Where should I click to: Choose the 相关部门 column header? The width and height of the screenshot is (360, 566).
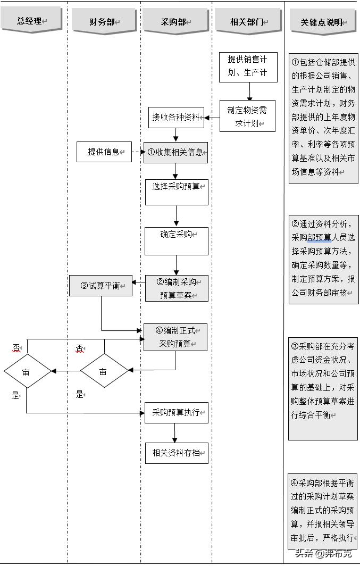pyautogui.click(x=248, y=22)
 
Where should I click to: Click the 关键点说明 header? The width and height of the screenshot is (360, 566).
pyautogui.click(x=323, y=22)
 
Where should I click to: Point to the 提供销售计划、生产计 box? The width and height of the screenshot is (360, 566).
pyautogui.click(x=248, y=66)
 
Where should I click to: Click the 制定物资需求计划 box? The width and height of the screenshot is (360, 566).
pyautogui.click(x=248, y=116)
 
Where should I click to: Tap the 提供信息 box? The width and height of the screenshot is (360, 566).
pyautogui.click(x=104, y=152)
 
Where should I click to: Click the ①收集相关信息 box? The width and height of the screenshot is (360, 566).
pyautogui.click(x=175, y=152)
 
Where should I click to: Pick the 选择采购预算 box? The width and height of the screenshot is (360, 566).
pyautogui.click(x=177, y=192)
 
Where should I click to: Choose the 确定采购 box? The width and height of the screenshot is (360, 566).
pyautogui.click(x=177, y=241)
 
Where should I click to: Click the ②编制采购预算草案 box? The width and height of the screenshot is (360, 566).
pyautogui.click(x=177, y=288)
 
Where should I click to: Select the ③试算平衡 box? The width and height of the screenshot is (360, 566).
pyautogui.click(x=101, y=285)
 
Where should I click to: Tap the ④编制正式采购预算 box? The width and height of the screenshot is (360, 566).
pyautogui.click(x=175, y=337)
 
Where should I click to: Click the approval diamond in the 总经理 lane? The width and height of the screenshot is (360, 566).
pyautogui.click(x=27, y=371)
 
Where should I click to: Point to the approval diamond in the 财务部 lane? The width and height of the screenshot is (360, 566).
pyautogui.click(x=104, y=371)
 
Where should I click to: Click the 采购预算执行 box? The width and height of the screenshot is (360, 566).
pyautogui.click(x=176, y=412)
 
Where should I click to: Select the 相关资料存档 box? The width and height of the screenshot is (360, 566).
pyautogui.click(x=176, y=453)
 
